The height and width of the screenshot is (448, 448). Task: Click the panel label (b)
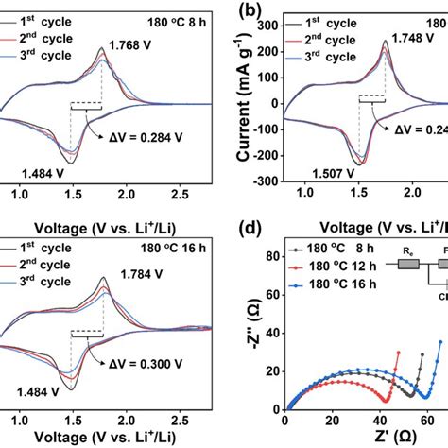click(250, 12)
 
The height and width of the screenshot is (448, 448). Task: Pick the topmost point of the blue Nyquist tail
click(440, 341)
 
